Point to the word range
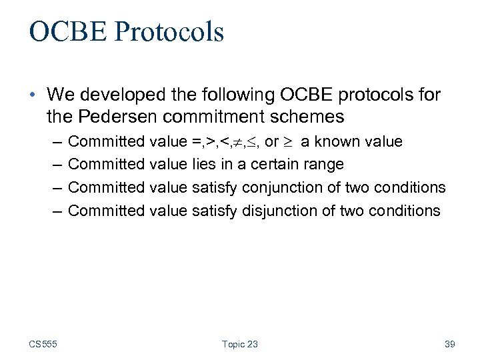(x=323, y=164)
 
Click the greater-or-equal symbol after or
(x=291, y=142)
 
